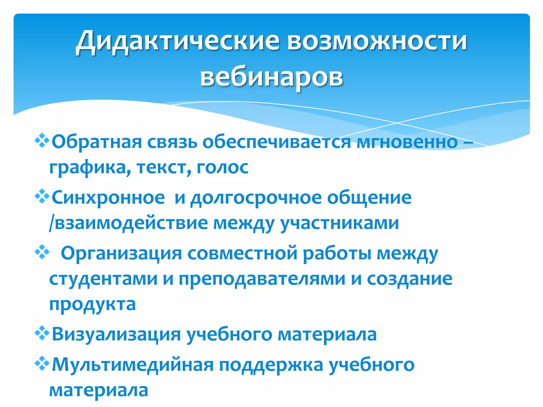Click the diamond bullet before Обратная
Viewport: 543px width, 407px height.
42,141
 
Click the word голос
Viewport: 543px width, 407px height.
222,167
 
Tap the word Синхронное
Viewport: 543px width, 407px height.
108,198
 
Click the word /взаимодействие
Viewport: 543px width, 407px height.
129,223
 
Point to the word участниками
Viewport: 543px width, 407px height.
339,223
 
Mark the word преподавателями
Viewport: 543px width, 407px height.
262,279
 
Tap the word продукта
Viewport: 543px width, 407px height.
93,304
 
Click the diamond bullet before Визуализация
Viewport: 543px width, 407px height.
42,333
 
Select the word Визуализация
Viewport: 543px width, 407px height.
116,335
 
